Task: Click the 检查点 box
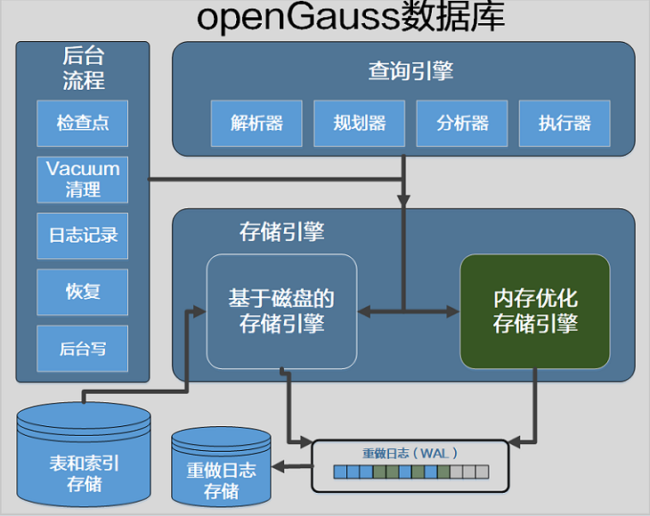click(83, 124)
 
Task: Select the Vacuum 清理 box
click(83, 180)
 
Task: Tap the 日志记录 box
click(83, 236)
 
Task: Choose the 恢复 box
click(83, 293)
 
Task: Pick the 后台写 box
click(83, 349)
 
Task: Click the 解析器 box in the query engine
click(256, 124)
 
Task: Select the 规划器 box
click(360, 124)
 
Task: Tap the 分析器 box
click(462, 124)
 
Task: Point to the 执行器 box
click(565, 124)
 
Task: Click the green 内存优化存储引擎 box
click(535, 311)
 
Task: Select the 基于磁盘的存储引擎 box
click(282, 311)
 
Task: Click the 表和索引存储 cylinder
click(84, 455)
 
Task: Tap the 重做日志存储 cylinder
click(222, 467)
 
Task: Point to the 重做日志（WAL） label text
click(410, 454)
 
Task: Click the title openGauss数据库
click(351, 18)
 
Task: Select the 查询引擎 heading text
click(410, 71)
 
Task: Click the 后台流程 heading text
click(84, 68)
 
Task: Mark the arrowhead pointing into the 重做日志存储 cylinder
click(278, 466)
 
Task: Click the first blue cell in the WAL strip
click(340, 472)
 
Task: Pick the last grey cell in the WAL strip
click(482, 472)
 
